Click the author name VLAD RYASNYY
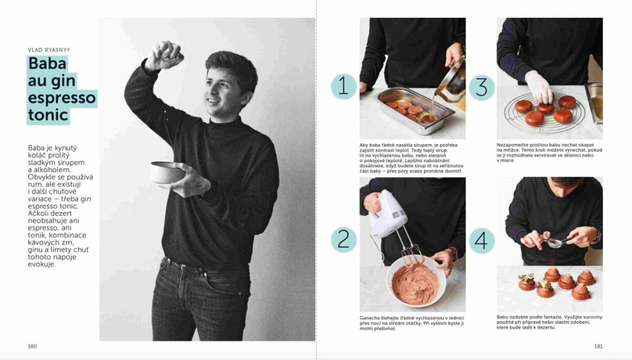(x=49, y=50)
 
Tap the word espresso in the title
(x=62, y=97)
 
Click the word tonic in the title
(x=48, y=115)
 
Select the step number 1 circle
(x=343, y=86)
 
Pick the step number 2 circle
(x=343, y=239)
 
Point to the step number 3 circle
(x=481, y=87)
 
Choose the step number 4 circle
(x=481, y=241)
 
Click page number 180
(x=32, y=346)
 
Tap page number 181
(x=598, y=346)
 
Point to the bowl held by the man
(x=166, y=172)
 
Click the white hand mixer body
(x=388, y=214)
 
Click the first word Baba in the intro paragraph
(x=36, y=148)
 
